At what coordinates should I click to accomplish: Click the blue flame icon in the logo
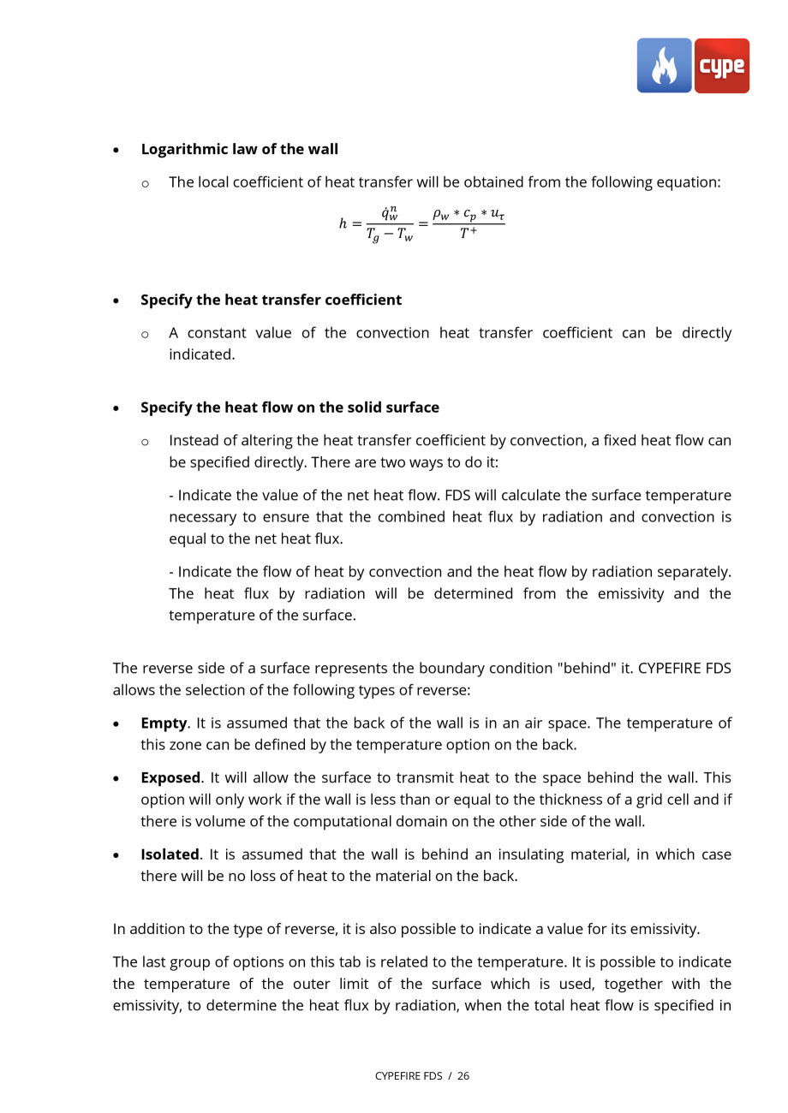point(664,66)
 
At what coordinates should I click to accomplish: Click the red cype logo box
point(722,66)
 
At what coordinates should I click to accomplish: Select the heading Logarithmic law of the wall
point(239,149)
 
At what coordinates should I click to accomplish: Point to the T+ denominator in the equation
point(468,233)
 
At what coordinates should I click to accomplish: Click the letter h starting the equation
point(343,223)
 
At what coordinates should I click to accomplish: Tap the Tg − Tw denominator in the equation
point(389,235)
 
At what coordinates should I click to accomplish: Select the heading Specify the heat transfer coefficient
point(271,300)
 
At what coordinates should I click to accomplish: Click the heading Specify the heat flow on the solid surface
point(290,408)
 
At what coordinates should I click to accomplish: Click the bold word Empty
point(163,723)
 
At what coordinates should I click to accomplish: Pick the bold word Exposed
point(170,778)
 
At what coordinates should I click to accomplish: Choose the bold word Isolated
point(169,854)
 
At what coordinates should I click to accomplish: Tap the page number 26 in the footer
point(463,1076)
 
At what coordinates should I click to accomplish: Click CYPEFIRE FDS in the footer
point(409,1076)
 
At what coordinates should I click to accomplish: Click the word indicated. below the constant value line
point(201,354)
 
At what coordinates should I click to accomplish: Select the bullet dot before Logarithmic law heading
point(116,150)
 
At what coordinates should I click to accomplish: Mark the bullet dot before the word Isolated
point(116,855)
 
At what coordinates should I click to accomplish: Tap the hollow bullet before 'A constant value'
point(145,334)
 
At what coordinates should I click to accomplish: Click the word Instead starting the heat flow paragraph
point(193,441)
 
